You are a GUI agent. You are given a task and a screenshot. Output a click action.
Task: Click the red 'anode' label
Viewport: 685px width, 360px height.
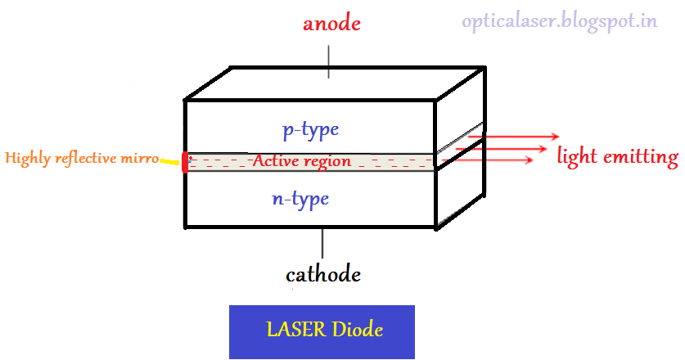pos(331,24)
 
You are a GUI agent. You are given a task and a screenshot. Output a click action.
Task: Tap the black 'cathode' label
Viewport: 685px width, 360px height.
pos(322,273)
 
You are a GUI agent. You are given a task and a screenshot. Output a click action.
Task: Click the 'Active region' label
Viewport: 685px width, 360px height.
pos(302,161)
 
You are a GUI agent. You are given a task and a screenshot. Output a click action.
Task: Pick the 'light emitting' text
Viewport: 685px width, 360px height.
pos(617,156)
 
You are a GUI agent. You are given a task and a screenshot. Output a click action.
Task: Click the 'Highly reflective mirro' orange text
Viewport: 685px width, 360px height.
pos(82,158)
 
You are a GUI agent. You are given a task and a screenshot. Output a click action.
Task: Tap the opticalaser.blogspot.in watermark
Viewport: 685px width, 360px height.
pos(560,21)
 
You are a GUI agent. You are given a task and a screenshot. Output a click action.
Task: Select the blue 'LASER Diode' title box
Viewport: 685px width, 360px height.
pos(322,331)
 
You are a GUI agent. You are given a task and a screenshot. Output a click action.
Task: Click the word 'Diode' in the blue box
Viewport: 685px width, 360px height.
pos(358,331)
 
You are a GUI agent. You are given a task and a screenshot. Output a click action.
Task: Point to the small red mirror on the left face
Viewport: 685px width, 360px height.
pos(186,161)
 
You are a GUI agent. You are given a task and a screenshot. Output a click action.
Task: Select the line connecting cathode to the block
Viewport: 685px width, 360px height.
pos(322,242)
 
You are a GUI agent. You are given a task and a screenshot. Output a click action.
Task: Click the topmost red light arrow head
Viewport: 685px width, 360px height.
pos(556,136)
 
